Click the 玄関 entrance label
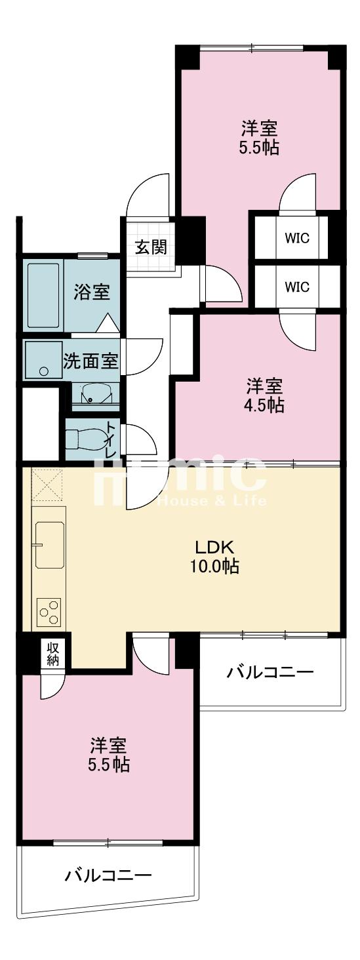pos(151,247)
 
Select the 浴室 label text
pos(92,292)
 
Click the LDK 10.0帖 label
pos(214,557)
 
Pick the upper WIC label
pos(298,238)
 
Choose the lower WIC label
pos(298,287)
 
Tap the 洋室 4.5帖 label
pos(265,395)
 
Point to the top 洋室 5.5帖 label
pos(259,137)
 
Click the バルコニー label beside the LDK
pos(270,671)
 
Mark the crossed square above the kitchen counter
pos(47,485)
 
